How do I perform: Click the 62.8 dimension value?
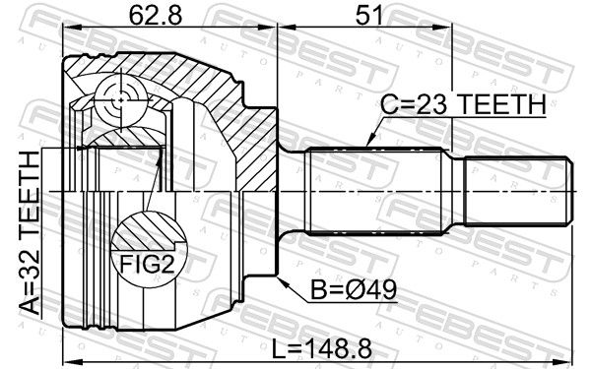coord(156,16)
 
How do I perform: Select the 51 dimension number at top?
coord(363,16)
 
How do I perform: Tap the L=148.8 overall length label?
coord(321,348)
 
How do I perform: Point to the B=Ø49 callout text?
coord(354,290)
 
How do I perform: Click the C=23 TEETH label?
coord(463,104)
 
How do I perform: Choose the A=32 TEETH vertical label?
coord(30,232)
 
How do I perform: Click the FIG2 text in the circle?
coord(148,264)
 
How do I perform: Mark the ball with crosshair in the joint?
coord(120,99)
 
